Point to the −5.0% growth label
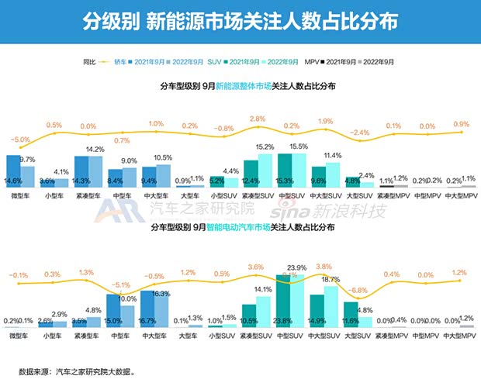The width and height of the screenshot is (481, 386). point(20,140)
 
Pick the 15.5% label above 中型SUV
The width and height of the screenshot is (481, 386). point(298,146)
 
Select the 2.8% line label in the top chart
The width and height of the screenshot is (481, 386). point(258,119)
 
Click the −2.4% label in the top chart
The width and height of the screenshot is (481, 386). point(361,133)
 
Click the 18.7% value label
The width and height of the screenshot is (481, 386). point(331,279)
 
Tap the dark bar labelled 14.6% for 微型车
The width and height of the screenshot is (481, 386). point(13,171)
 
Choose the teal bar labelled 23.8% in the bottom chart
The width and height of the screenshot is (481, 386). point(285,302)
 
